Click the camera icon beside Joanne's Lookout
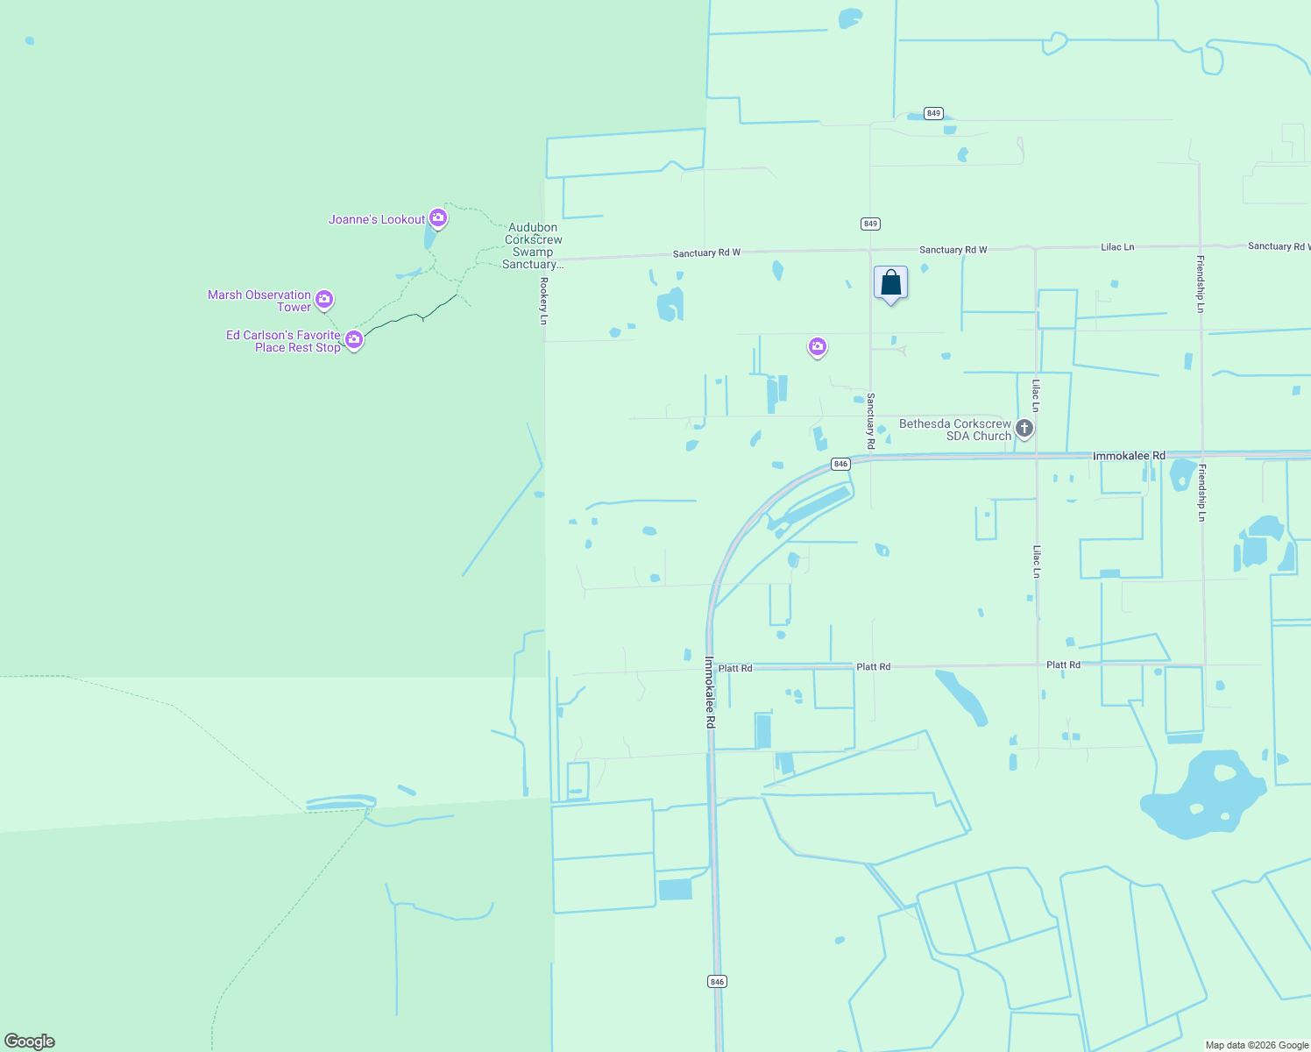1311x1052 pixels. point(438,217)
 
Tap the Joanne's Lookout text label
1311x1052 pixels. point(377,220)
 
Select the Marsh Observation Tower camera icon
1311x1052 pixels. point(324,300)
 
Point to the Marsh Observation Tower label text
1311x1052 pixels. point(259,301)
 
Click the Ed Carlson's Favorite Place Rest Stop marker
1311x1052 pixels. point(354,339)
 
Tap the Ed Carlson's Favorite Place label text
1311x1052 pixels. point(283,341)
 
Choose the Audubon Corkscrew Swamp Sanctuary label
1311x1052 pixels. point(533,246)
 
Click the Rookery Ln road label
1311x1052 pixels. point(543,301)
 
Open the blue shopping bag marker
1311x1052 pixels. point(890,284)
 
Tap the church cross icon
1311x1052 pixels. point(1024,429)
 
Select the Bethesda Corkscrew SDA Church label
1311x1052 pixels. point(955,430)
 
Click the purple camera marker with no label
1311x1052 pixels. point(818,347)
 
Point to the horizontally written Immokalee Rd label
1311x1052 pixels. point(1129,456)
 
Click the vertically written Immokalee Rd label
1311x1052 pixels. point(711,693)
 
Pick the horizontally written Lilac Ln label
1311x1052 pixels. point(1117,247)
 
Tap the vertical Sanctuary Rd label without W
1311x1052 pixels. point(871,421)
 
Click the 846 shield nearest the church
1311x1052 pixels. point(840,464)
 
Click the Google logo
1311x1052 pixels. point(30,1041)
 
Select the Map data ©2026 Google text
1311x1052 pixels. point(1257,1045)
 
